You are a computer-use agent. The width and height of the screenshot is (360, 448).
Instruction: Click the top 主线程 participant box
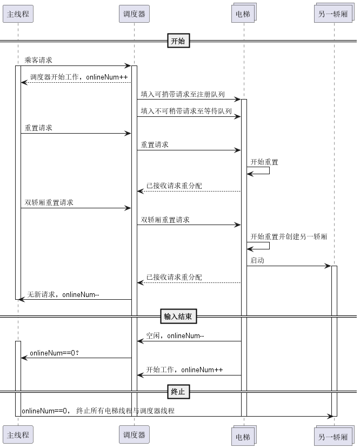coord(18,14)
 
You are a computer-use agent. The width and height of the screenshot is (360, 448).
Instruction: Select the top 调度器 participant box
coord(134,14)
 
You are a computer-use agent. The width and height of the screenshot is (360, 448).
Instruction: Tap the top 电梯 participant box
coord(244,13)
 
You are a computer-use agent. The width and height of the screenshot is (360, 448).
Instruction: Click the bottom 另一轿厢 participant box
coord(334,436)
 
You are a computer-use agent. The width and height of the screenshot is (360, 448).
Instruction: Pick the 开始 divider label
coord(178,41)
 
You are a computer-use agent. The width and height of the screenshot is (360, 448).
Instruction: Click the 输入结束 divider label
coord(178,317)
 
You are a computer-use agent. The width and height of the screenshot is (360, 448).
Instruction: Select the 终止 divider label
coord(178,391)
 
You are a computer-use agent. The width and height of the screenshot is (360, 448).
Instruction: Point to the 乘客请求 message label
coord(38,60)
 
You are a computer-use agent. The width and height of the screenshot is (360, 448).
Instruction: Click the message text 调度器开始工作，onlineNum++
coord(79,77)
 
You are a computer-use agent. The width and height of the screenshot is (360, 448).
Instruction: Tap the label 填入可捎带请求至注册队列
coord(183,94)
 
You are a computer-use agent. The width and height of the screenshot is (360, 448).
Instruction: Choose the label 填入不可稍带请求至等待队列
coord(186,111)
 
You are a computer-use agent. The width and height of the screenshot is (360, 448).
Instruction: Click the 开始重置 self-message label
coord(264,162)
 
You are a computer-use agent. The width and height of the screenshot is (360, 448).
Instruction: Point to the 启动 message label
coord(257,260)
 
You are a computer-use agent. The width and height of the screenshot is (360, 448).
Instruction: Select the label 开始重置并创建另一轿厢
coord(289,236)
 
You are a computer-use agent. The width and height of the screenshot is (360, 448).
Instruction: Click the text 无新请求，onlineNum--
coord(63,294)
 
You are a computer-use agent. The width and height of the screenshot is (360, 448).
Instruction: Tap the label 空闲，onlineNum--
coord(175,335)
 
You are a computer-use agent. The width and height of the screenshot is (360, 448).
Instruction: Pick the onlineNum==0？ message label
coord(54,353)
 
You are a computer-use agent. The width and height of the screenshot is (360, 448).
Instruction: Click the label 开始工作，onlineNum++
coord(184,370)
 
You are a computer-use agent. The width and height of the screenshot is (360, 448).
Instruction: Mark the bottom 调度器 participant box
coord(134,434)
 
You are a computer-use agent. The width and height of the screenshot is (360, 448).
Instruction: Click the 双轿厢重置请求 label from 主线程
coord(49,202)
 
